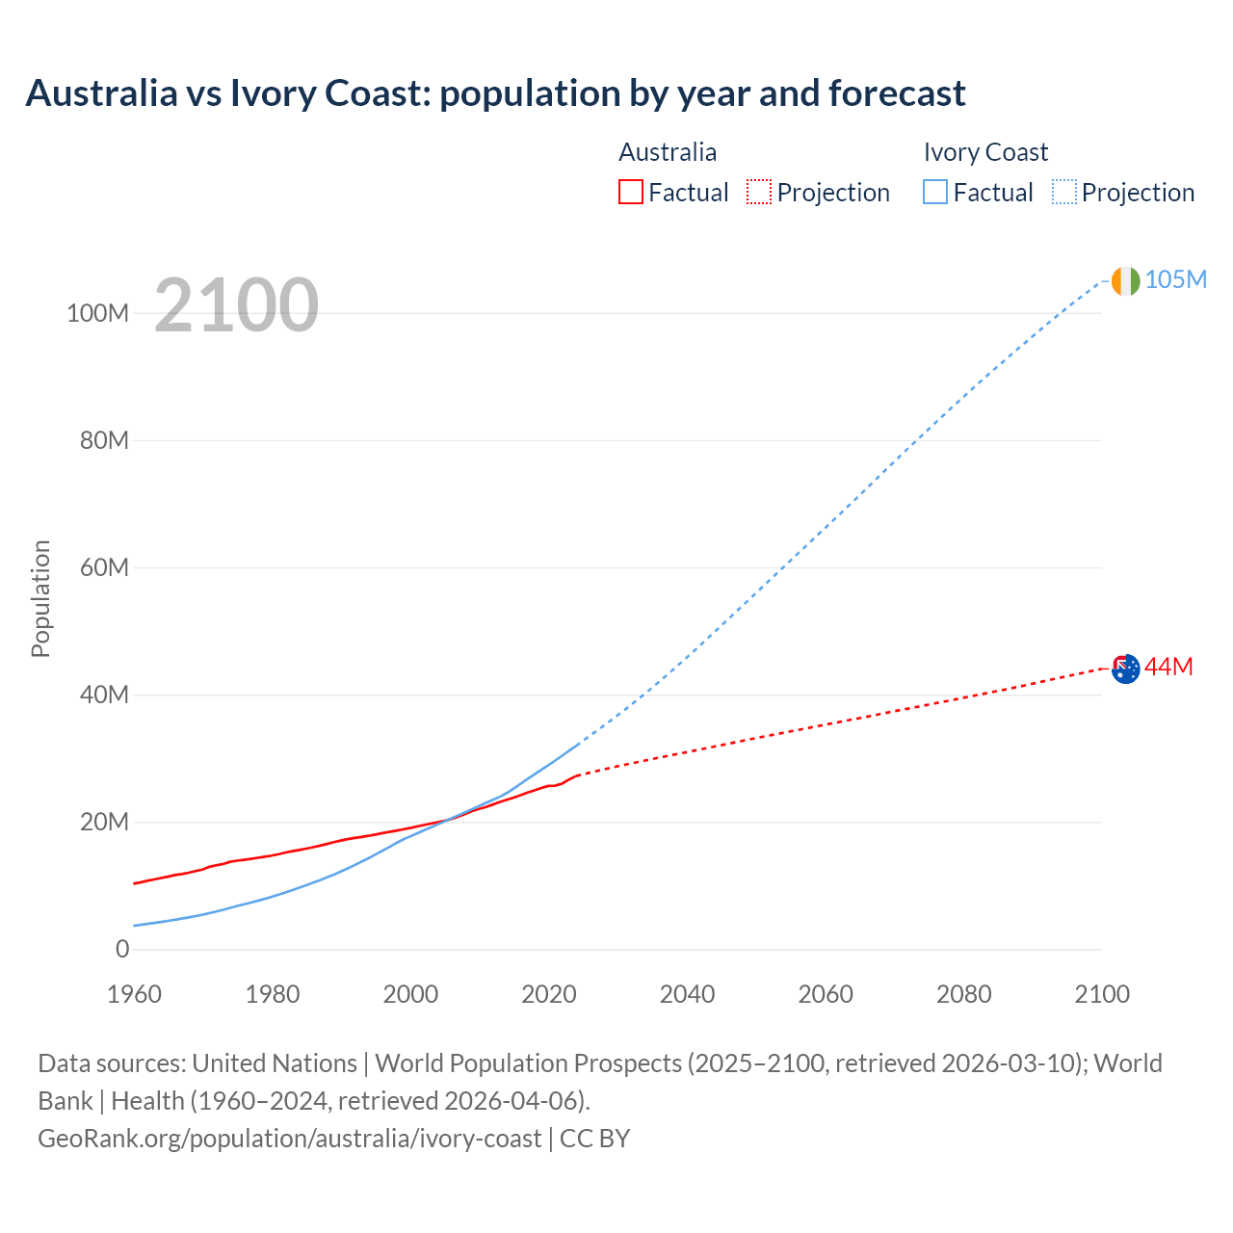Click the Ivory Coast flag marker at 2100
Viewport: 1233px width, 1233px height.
(1125, 280)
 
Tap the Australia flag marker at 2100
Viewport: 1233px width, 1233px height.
(1125, 668)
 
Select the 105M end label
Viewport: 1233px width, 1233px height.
(1176, 279)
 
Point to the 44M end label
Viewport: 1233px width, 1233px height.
(1168, 667)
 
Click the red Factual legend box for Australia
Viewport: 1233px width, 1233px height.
(630, 192)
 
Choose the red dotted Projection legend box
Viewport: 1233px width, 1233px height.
(759, 192)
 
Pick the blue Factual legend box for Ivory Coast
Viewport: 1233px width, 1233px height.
(934, 192)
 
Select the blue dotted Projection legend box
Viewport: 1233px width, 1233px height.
(1063, 192)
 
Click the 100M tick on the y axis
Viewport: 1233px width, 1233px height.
(97, 313)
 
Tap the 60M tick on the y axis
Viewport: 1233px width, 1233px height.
(104, 567)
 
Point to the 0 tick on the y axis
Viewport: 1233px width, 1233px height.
(122, 949)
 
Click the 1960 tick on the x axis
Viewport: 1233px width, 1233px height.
(134, 994)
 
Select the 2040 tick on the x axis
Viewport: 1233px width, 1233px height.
(687, 994)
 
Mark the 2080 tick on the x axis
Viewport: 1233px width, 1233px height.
(963, 994)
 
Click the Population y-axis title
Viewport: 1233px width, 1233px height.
(40, 598)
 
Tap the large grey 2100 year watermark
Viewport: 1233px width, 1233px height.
(236, 304)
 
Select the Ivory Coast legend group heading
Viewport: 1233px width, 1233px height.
(985, 152)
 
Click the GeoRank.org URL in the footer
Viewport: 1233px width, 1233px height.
(289, 1138)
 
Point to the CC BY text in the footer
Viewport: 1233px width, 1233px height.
(594, 1138)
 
